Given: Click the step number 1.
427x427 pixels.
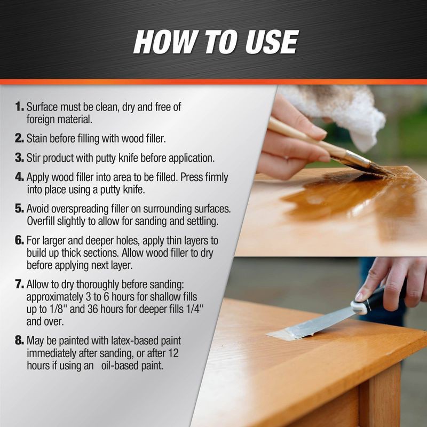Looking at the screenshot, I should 20,107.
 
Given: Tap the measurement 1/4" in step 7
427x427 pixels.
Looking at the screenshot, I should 205,310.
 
